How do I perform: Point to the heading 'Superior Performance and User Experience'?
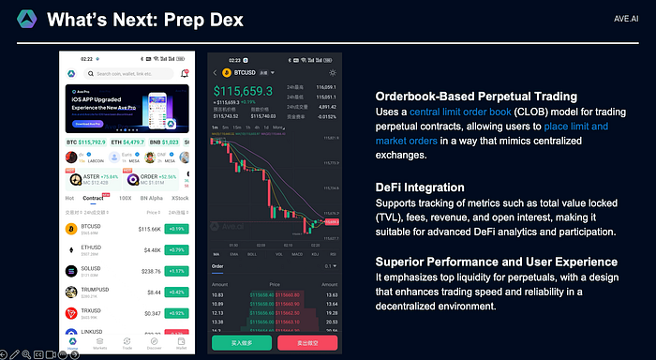497,261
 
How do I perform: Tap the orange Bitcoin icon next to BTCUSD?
70,228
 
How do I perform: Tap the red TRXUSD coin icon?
70,312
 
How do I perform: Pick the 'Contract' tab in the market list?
94,199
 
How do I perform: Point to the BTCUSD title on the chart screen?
246,72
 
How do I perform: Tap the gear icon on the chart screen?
332,72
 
